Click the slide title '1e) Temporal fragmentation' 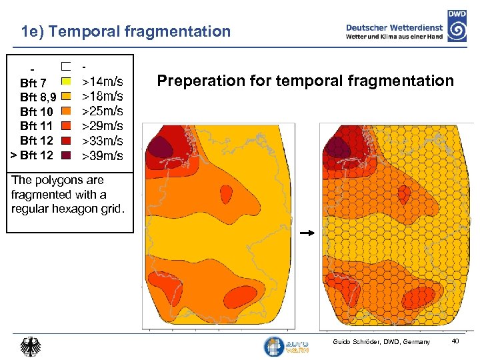(125, 31)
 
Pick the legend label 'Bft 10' (36, 111)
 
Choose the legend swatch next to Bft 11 (66, 125)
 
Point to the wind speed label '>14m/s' (102, 82)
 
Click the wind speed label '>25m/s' (102, 111)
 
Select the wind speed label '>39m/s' (102, 155)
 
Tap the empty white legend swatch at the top (66, 67)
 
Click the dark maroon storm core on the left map (159, 145)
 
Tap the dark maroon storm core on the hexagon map (337, 145)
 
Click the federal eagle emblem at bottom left (31, 346)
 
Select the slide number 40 (455, 342)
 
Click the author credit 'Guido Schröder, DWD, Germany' (381, 342)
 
